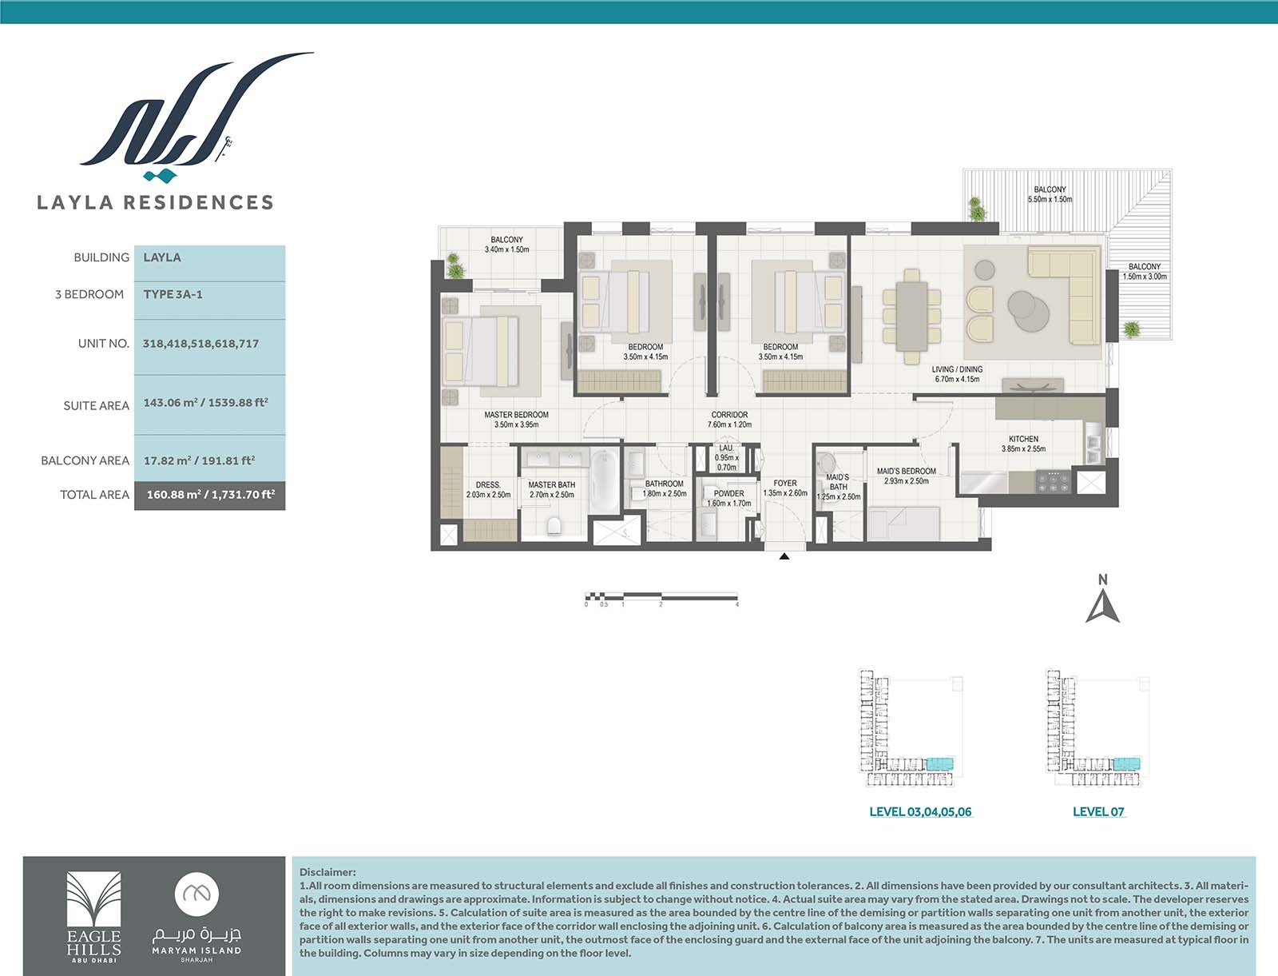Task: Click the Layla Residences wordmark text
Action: point(155,202)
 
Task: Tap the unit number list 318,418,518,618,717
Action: point(200,344)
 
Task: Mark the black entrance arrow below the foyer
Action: point(784,556)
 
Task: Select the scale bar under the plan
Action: point(661,596)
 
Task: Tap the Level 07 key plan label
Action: point(1098,811)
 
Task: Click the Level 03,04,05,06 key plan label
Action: point(920,811)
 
